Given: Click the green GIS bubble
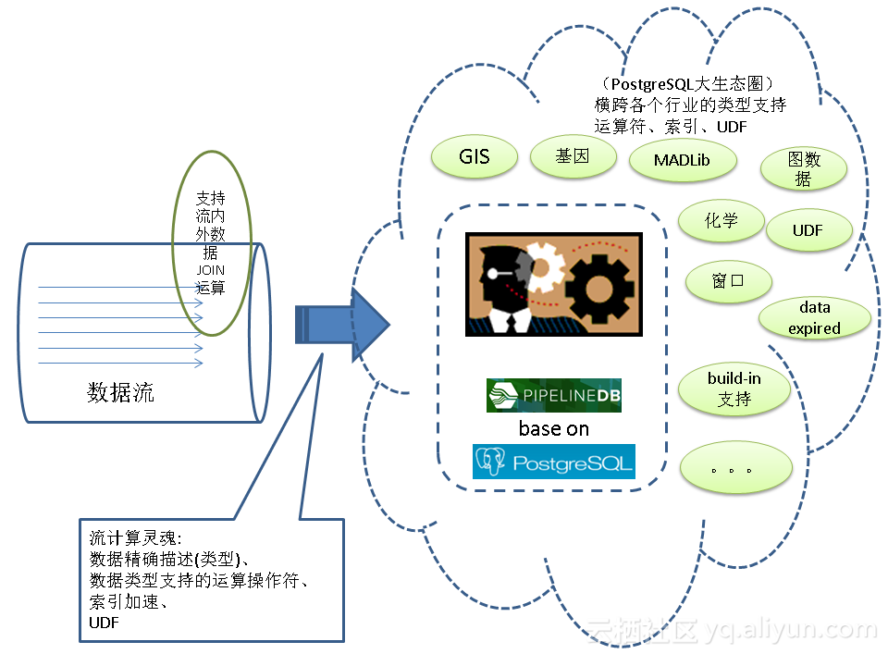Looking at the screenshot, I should click(x=474, y=156).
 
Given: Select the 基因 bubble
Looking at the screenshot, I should click(x=573, y=156).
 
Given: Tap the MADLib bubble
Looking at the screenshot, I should click(x=683, y=160).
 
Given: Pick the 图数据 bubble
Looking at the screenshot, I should click(x=804, y=169).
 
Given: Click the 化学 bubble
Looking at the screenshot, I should click(x=721, y=221).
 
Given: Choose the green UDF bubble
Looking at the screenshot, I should click(x=808, y=230).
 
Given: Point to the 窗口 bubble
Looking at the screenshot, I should click(x=728, y=281).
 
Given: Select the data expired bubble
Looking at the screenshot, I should click(x=814, y=317).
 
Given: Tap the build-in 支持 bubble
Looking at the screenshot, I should click(x=734, y=389).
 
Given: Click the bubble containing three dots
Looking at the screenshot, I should click(x=735, y=469).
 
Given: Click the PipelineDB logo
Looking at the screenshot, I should click(x=553, y=395).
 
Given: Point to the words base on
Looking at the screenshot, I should click(x=553, y=428).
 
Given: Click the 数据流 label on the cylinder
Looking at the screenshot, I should click(x=120, y=392).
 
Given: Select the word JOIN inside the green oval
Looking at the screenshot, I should click(x=211, y=270).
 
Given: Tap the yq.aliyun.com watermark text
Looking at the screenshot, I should click(x=790, y=631).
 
